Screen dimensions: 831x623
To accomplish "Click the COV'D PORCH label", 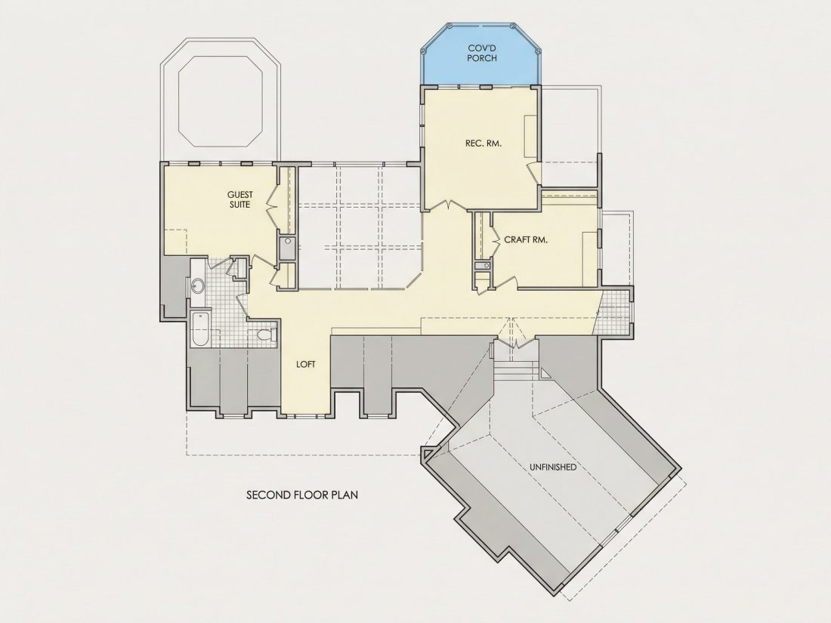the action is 482,52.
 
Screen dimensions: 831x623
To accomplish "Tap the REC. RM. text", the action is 483,143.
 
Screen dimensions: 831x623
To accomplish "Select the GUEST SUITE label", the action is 240,199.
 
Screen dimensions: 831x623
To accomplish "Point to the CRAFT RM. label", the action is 525,239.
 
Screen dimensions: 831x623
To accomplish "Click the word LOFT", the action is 306,365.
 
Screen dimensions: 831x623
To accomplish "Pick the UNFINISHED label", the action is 553,467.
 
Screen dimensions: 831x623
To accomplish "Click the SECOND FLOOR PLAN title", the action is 302,495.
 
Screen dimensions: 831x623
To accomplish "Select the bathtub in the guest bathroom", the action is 200,329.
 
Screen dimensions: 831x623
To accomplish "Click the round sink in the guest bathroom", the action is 197,287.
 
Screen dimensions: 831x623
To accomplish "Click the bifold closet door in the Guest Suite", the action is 273,205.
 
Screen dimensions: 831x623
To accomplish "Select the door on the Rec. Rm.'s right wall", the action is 533,171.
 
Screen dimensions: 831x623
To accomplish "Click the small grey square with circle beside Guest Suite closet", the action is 287,248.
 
